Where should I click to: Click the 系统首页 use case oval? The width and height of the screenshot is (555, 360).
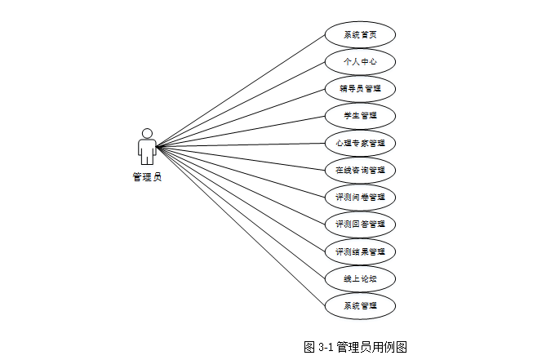[360, 34]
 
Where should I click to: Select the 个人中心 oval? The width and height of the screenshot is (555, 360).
[360, 61]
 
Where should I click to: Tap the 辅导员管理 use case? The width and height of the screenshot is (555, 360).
[360, 88]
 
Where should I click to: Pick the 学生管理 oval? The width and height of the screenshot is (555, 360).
[360, 115]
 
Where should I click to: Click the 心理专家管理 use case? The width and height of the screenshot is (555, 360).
[360, 143]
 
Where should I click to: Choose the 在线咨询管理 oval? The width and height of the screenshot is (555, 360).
[360, 171]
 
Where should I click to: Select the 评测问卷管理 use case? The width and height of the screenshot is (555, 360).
[360, 198]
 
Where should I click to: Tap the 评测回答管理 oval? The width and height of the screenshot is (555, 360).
[360, 224]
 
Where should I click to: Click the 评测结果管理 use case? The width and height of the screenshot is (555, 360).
[360, 251]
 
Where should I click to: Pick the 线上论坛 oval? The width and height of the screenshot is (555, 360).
[360, 278]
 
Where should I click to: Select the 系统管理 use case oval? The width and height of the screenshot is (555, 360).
[360, 306]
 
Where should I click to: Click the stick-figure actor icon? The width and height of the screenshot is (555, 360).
[147, 147]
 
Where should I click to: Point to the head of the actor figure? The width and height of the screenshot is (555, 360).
[147, 133]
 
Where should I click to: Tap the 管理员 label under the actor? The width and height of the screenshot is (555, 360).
[147, 176]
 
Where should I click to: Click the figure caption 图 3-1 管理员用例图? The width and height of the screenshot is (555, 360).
[355, 347]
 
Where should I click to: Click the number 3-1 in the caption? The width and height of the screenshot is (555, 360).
[324, 347]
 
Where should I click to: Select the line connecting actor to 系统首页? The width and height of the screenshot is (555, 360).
[241, 91]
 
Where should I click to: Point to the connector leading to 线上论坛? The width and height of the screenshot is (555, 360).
[241, 212]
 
